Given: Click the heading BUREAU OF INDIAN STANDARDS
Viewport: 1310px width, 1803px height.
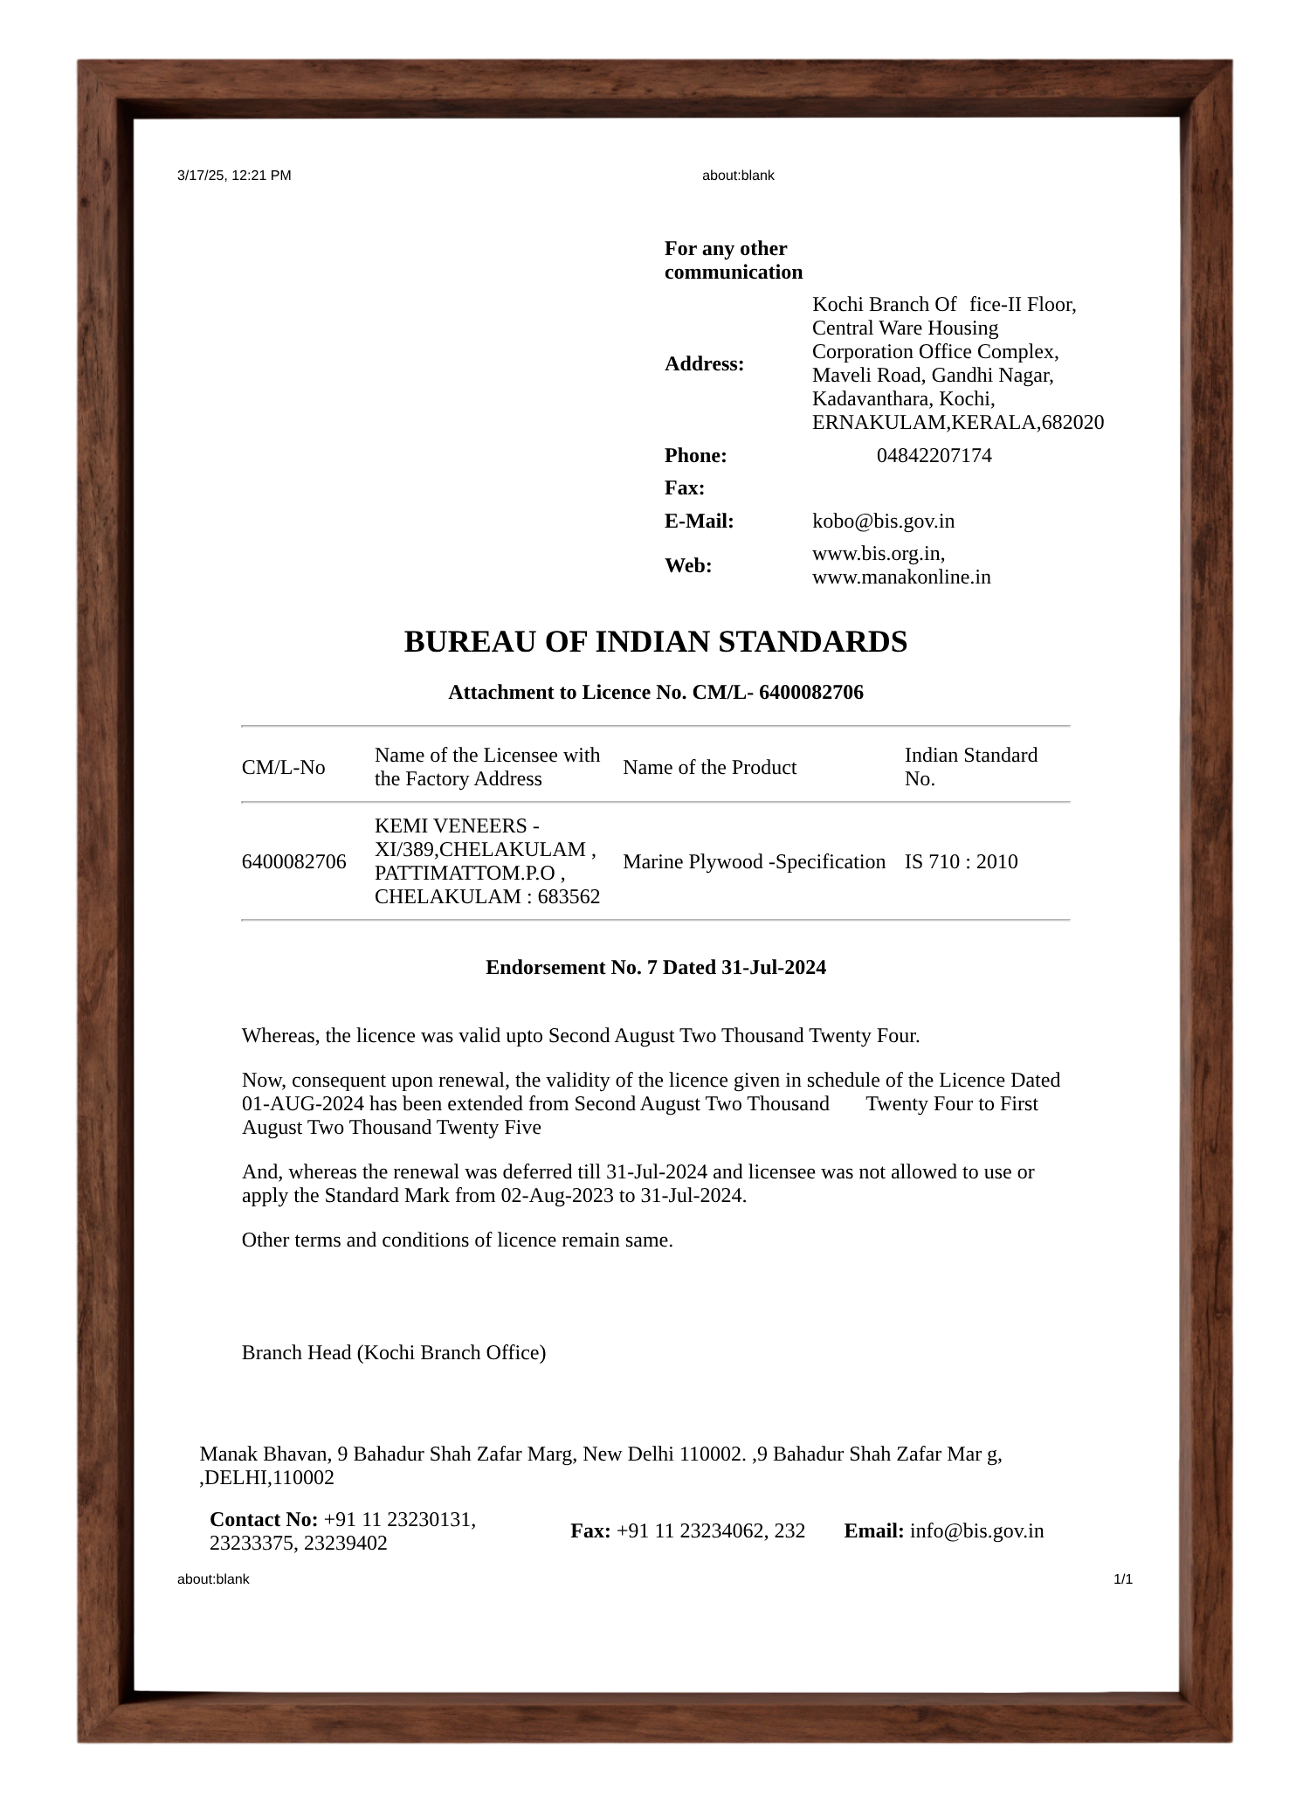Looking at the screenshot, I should (655, 642).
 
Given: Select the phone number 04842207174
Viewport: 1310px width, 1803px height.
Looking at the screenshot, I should (934, 456).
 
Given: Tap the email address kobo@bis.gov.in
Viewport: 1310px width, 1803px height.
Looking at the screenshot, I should (883, 522).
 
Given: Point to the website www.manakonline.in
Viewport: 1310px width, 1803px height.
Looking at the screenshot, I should (901, 577).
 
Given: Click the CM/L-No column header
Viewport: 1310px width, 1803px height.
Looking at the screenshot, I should (283, 768).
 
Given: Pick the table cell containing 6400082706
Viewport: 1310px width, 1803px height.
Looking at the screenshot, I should (293, 862).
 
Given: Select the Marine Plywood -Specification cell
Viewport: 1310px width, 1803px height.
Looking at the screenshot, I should (754, 862).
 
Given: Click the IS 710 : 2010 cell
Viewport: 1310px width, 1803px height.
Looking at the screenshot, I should (961, 862).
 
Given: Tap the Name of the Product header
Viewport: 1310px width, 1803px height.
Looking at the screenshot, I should (709, 768).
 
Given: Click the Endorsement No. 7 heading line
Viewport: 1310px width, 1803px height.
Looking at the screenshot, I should (655, 968).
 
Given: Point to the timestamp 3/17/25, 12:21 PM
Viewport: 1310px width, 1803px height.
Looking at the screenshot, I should (234, 176).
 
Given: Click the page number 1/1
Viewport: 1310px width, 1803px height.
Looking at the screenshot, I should (1122, 1579).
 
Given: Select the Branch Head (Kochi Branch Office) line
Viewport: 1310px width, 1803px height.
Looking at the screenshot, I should (393, 1353).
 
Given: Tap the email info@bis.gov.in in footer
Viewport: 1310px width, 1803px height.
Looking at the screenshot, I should (976, 1531).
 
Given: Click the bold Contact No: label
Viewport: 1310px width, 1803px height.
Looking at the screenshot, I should (263, 1520).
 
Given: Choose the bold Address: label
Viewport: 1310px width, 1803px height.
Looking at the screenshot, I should (704, 364).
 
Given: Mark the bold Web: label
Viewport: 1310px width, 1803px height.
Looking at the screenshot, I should (687, 566).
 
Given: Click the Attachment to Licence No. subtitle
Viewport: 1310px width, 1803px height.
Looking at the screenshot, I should (655, 693).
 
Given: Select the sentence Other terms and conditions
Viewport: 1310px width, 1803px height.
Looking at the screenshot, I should (457, 1240).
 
